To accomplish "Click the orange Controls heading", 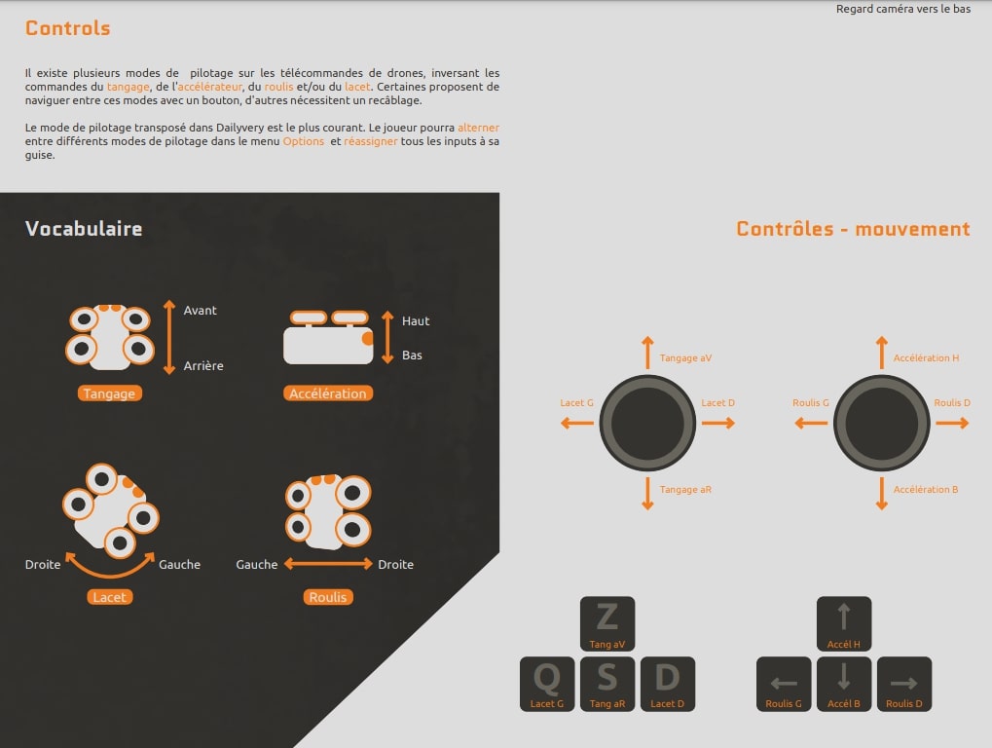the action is point(68,28).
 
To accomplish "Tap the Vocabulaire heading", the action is point(84,229).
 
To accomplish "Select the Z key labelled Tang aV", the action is point(607,623).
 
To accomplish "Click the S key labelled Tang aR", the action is point(607,684).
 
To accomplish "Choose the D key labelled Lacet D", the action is point(668,684).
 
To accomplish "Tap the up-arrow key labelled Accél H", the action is point(844,623).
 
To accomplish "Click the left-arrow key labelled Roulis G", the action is point(784,684).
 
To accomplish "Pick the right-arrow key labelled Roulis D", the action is point(904,684).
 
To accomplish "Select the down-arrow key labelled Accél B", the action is point(844,684).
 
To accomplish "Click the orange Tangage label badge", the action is point(109,393).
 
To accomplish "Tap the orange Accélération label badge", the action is point(328,393).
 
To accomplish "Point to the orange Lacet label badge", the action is point(109,597).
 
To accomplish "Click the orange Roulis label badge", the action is point(328,597).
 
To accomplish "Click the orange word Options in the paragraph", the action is point(303,141).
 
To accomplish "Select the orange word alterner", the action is point(478,128).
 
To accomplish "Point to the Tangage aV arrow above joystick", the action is point(647,353).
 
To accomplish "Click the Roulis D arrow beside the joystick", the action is point(952,423).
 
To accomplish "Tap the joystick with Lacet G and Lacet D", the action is point(647,423).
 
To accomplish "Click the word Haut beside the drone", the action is point(416,320).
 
